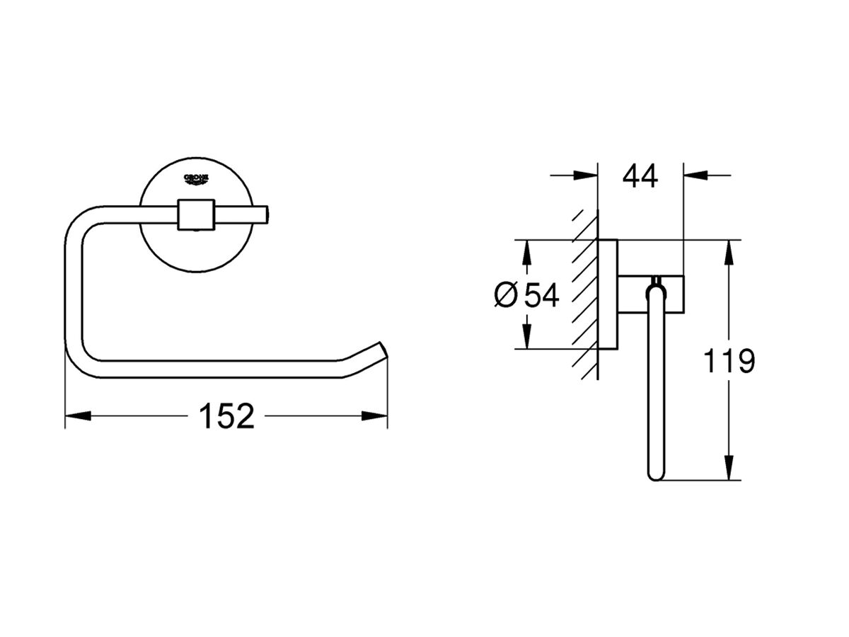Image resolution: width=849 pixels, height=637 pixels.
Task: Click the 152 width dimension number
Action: tap(226, 417)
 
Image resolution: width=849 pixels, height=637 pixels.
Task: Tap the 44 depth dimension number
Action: tap(640, 176)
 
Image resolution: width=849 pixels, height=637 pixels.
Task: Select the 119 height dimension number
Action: tap(729, 362)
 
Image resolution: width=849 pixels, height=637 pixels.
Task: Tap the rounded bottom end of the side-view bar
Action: tap(656, 474)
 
